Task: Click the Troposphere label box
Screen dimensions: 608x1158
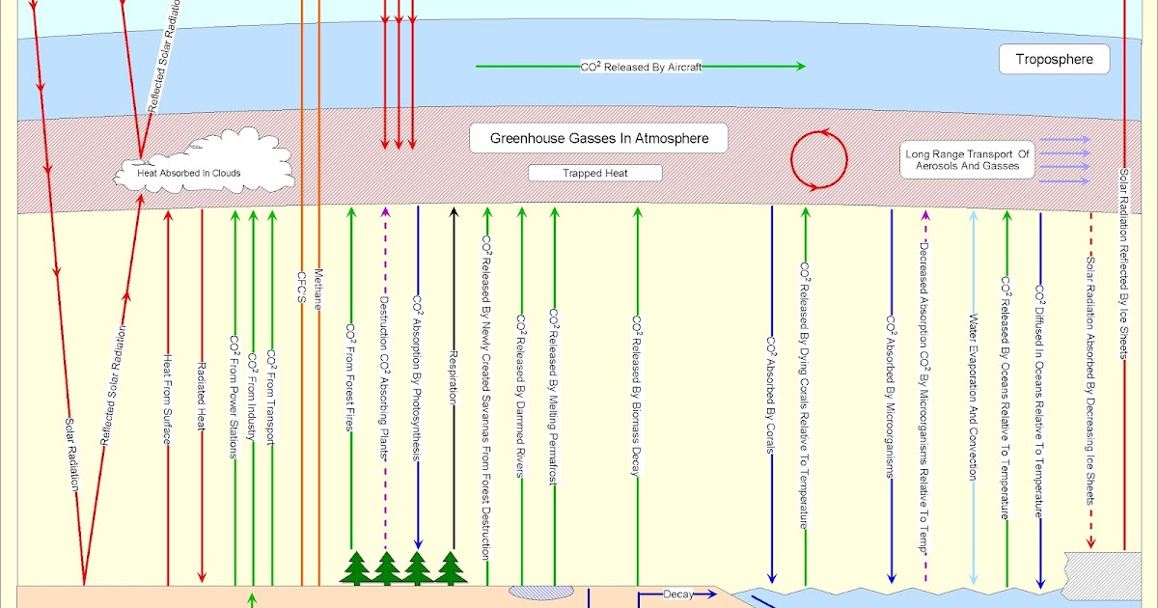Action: [1054, 60]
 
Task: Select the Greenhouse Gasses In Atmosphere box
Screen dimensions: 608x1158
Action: [598, 138]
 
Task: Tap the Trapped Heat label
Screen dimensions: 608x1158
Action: [595, 174]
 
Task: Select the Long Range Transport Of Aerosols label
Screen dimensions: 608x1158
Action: [968, 160]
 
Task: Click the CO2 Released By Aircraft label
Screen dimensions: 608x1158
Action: [640, 67]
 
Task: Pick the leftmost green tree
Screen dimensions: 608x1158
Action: [355, 568]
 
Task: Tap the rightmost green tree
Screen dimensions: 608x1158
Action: [450, 568]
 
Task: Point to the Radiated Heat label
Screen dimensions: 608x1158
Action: [202, 396]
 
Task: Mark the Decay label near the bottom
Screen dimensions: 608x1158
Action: [678, 594]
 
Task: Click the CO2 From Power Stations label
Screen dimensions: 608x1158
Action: [234, 396]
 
